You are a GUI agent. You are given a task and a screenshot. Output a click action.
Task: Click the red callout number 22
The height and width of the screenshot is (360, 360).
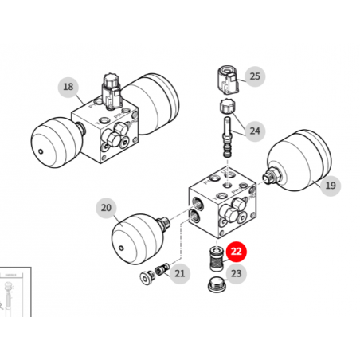(237, 252)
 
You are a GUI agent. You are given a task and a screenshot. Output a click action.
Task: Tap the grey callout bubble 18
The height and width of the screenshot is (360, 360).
(68, 87)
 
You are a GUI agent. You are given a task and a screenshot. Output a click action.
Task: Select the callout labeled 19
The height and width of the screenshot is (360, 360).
(331, 186)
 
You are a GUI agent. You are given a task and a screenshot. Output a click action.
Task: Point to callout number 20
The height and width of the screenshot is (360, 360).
(106, 208)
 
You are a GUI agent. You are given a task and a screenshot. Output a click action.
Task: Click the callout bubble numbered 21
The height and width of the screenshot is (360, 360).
(180, 273)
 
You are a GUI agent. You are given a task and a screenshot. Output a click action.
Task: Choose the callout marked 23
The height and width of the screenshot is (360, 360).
(237, 273)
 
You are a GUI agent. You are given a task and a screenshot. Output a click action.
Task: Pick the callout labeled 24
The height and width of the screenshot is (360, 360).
(255, 131)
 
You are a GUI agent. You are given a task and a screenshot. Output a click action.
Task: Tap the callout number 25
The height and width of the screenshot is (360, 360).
(255, 76)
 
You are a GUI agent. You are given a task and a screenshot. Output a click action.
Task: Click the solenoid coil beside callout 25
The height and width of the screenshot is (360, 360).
(228, 80)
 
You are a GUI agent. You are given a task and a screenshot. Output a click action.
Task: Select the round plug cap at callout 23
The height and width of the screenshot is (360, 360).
(217, 284)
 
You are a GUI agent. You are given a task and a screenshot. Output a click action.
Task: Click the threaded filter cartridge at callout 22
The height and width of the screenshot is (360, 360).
(217, 259)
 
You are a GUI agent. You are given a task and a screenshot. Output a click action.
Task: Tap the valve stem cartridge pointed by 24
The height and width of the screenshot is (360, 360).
(227, 137)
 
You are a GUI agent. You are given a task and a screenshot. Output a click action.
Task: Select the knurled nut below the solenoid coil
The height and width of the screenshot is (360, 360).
(227, 106)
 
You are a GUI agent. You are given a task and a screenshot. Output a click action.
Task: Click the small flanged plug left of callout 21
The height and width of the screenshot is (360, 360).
(147, 278)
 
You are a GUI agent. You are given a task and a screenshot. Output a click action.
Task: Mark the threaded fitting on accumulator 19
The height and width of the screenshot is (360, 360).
(272, 176)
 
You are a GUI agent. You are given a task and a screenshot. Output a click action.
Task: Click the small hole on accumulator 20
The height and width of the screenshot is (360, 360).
(121, 248)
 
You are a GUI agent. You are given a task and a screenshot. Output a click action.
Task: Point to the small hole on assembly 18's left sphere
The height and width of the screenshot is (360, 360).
(41, 151)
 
